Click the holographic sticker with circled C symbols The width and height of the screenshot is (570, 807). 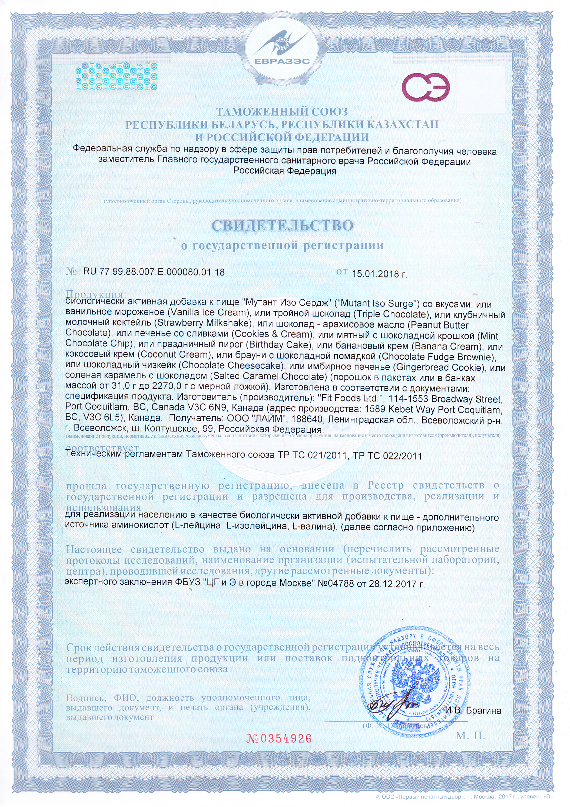[x=117, y=77]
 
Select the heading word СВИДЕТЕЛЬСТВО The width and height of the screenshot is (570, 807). [x=282, y=225]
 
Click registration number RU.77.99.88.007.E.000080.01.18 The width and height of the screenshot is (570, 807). [x=154, y=272]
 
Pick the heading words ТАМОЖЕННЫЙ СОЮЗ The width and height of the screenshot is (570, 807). [x=282, y=112]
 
